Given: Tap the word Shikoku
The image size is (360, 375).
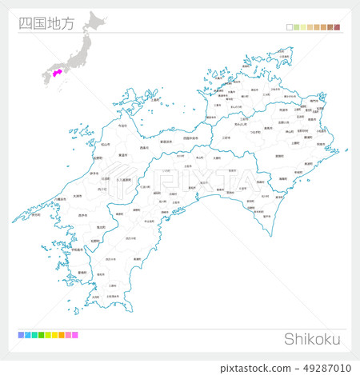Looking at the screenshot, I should coord(312,338).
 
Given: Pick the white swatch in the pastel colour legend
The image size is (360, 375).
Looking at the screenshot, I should coord(290,27).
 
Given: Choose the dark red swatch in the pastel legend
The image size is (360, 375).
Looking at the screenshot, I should coord(337,27).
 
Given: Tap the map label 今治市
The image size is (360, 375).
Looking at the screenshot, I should coord(122,126).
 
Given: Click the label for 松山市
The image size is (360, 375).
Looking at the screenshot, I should coord(105,144).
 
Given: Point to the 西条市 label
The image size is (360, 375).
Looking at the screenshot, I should coord(145,148).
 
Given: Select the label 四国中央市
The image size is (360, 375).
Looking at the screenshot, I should coord(192,138).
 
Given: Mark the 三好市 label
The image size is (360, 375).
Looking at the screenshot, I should coord(225,138).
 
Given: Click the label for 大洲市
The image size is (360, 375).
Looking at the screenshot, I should coord(77,196).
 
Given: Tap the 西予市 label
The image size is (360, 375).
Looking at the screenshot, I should coord(82,215).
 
